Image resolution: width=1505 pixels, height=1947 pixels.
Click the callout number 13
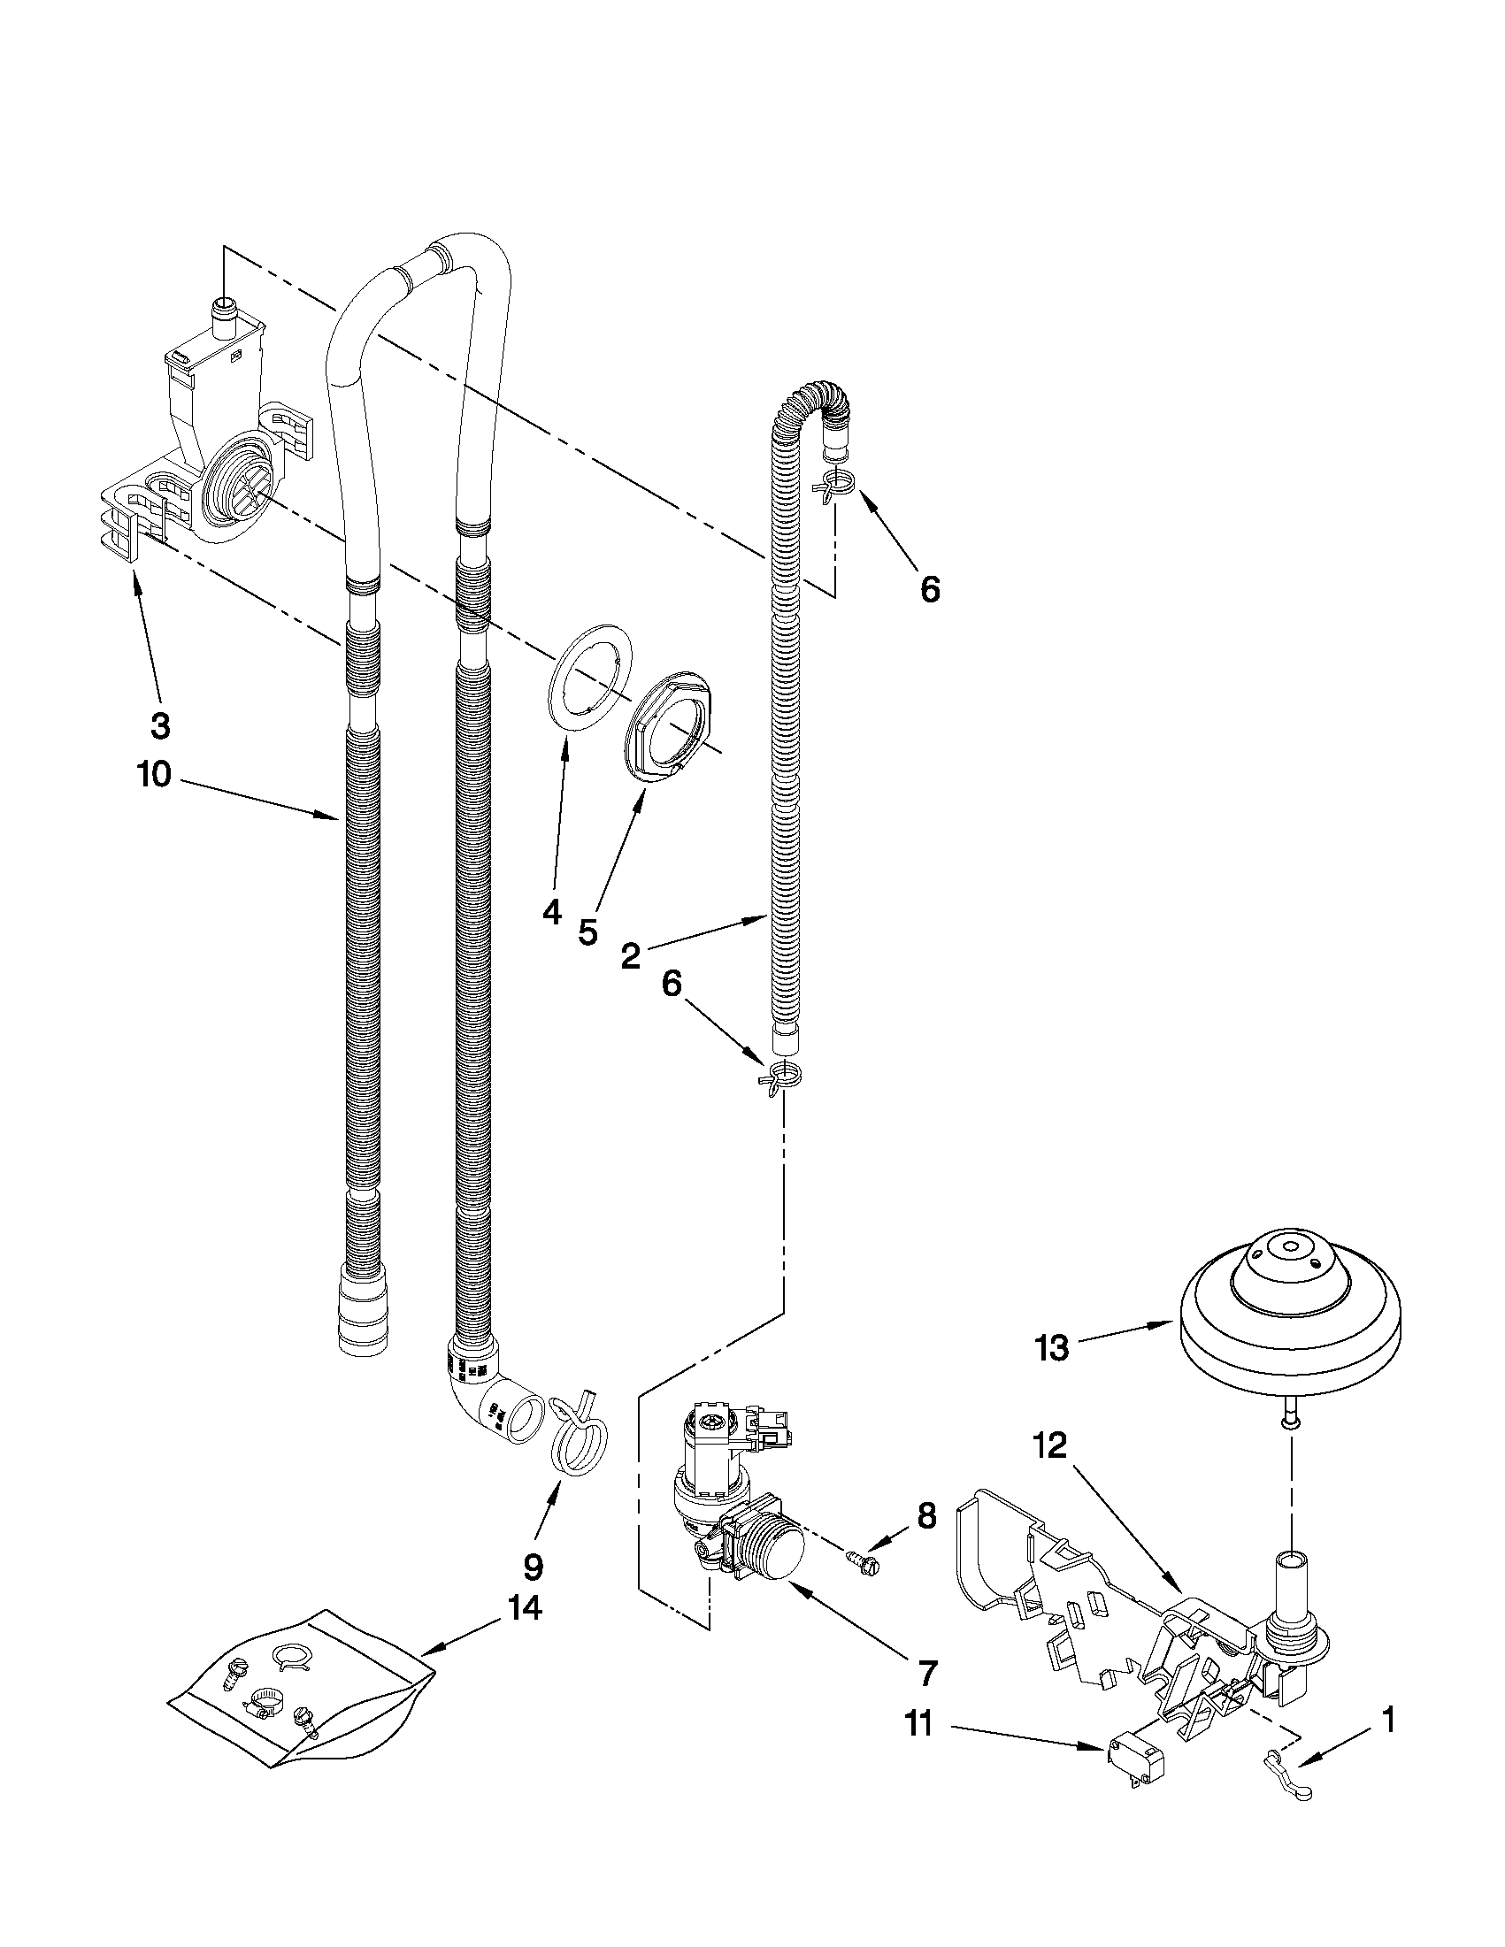point(1051,1348)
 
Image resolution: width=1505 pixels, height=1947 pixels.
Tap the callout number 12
point(1051,1446)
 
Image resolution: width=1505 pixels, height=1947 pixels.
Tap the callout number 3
point(159,726)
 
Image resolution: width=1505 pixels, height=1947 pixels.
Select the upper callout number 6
point(929,589)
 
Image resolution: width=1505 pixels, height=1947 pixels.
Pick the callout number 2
point(629,956)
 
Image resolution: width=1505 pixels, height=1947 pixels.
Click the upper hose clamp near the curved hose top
point(833,485)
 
